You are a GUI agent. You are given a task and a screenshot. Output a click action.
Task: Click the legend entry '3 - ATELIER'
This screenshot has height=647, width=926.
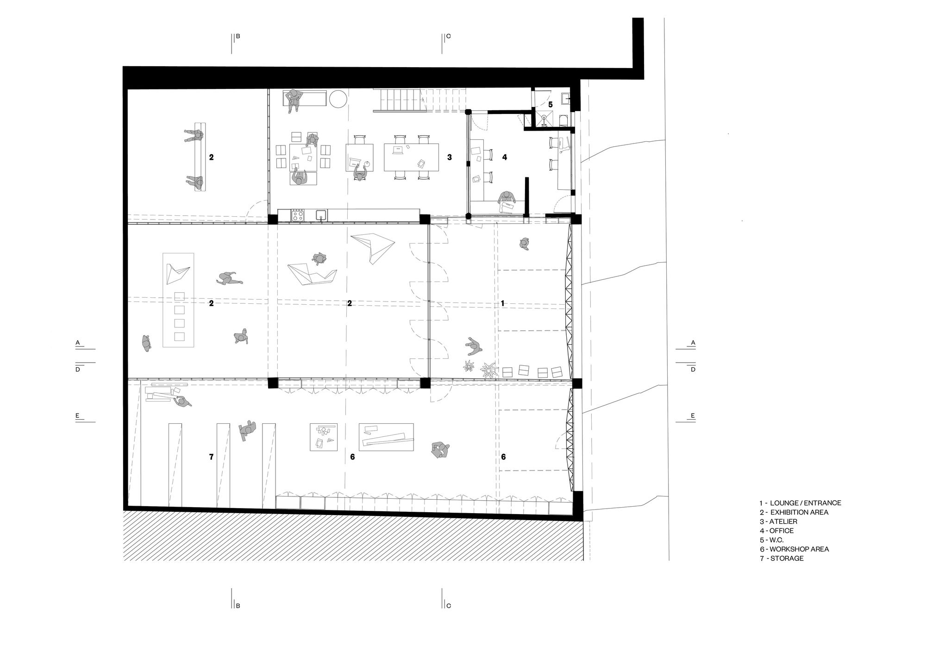click(x=778, y=521)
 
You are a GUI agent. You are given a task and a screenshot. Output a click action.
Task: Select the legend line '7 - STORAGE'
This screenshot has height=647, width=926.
click(x=781, y=559)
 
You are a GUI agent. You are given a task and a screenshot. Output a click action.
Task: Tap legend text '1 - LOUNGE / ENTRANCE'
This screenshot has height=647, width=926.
click(x=800, y=503)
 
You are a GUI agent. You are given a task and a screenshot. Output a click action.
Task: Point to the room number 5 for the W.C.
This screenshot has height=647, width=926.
click(x=551, y=105)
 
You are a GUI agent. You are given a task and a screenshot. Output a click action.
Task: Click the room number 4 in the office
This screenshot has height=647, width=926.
click(x=505, y=157)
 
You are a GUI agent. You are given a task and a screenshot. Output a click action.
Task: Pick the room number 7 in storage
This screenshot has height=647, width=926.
click(x=211, y=457)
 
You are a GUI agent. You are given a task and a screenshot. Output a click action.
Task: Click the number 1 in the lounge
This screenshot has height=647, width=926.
click(x=503, y=303)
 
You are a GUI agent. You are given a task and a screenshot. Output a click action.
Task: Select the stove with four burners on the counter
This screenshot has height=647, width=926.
click(x=298, y=215)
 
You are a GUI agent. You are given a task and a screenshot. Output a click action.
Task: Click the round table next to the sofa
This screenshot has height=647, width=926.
click(x=337, y=99)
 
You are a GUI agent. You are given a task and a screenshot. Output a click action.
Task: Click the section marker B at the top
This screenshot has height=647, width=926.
click(x=238, y=36)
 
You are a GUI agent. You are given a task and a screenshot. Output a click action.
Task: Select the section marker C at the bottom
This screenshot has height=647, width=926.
click(x=448, y=605)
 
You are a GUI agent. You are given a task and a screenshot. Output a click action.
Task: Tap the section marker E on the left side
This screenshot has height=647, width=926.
click(x=78, y=416)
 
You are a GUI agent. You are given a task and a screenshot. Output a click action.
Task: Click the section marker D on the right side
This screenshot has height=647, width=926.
click(x=693, y=370)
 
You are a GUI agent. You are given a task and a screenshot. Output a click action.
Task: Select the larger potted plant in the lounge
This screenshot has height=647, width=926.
click(x=488, y=369)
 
